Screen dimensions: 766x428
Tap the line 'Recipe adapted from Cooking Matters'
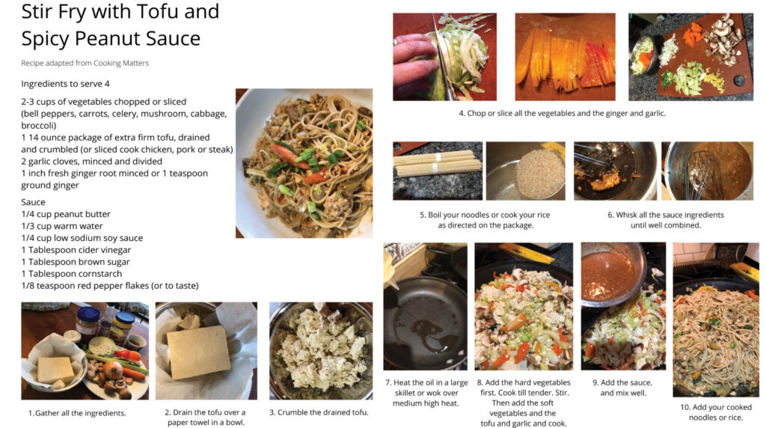coord(85,63)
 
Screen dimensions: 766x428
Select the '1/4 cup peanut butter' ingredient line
coord(66,214)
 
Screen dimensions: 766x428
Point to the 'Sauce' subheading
coord(33,202)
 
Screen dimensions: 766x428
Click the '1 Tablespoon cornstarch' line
coord(71,274)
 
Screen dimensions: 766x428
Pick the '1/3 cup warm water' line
coord(62,226)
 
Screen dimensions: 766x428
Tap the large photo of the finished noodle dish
coord(304,163)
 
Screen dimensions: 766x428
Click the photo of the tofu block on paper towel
coord(206,350)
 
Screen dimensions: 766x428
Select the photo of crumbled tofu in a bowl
coord(321,350)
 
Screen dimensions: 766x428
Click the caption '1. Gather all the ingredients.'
coord(77,413)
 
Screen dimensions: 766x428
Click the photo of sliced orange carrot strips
coord(566,57)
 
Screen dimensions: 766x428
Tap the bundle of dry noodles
coord(438,163)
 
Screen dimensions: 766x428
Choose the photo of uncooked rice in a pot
coord(526,171)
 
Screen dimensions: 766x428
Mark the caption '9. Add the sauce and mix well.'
coord(623,388)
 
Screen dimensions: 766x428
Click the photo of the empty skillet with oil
coord(425,306)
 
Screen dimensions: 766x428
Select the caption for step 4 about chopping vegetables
coord(563,113)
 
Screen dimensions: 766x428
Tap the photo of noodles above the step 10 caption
coord(716,320)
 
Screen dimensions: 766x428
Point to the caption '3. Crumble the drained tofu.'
coord(319,412)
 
